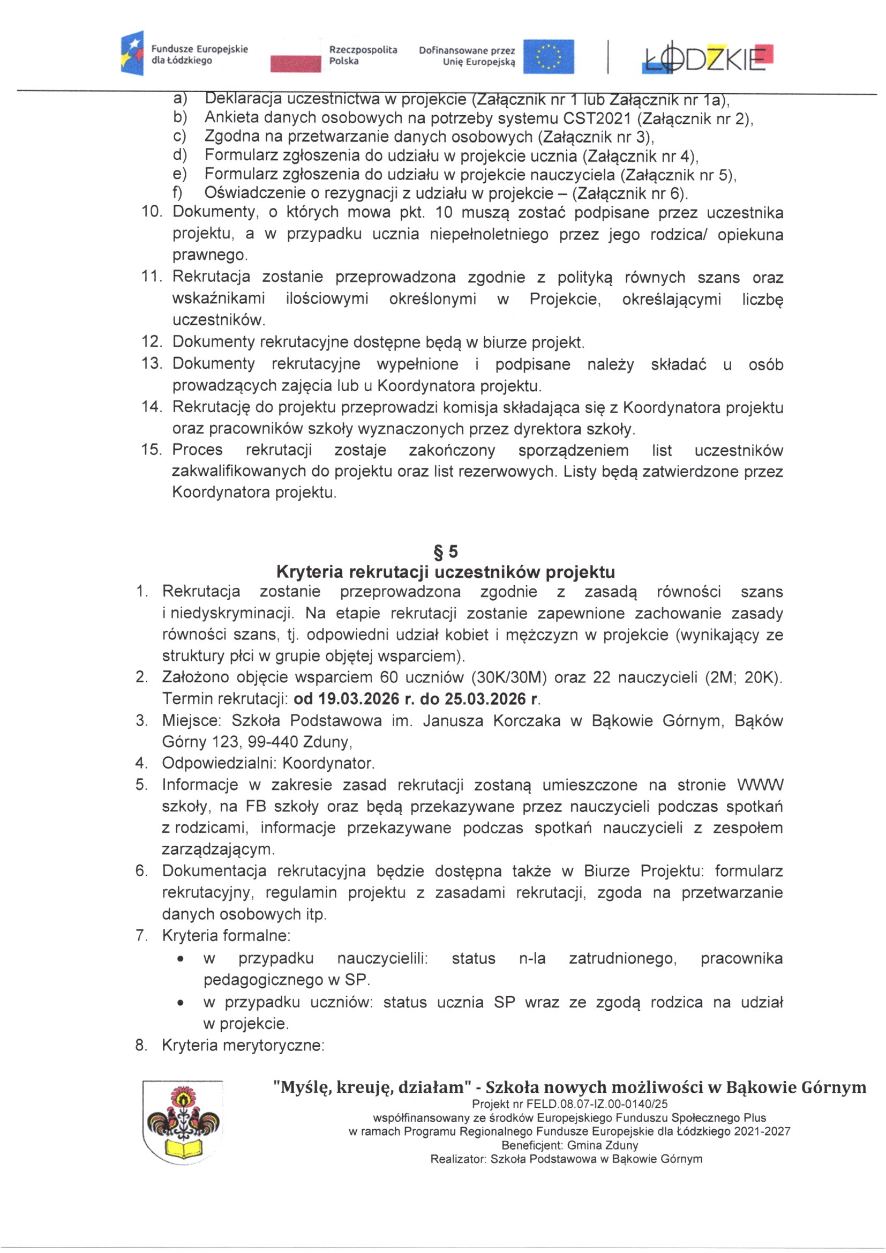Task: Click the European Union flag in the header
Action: point(549,56)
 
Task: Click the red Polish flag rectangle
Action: point(296,64)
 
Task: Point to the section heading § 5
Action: point(445,553)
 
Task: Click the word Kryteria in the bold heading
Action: point(309,572)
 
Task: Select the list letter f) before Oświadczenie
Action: point(178,193)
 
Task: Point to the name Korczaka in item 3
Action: point(527,720)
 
